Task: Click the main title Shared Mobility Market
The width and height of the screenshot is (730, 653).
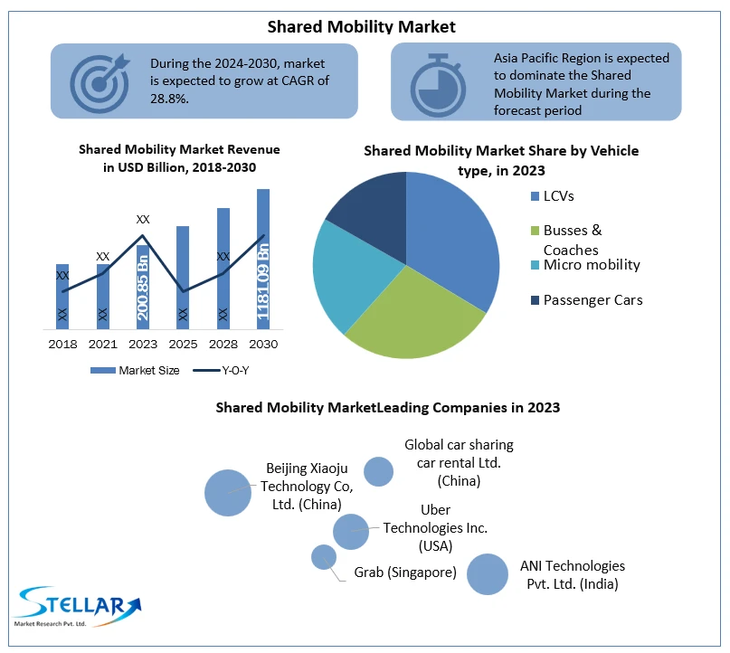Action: click(x=362, y=27)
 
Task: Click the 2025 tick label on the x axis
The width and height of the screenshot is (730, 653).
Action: click(x=183, y=345)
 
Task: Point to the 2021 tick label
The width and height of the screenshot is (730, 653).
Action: click(x=103, y=345)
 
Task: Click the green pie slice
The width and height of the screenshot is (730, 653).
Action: click(x=412, y=317)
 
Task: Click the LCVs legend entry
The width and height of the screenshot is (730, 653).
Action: click(x=558, y=196)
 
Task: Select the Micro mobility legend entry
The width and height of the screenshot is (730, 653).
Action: click(x=591, y=265)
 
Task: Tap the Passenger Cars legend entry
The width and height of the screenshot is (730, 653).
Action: click(x=593, y=299)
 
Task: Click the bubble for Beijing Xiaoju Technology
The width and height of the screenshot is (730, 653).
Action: click(x=227, y=492)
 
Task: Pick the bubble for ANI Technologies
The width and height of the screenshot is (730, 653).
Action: click(x=488, y=574)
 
